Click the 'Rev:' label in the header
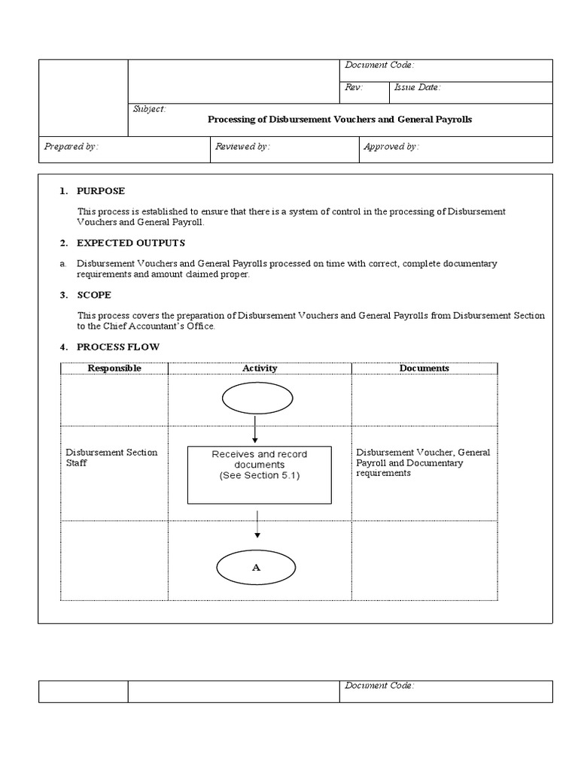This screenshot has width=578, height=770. [354, 87]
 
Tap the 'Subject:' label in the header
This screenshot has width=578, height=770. [149, 109]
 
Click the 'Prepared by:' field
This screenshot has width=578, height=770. [71, 147]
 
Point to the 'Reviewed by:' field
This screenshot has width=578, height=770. [242, 147]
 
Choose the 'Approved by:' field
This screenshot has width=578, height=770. [391, 147]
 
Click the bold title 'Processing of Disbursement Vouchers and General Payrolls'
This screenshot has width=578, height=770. [339, 120]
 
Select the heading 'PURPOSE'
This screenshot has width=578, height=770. [101, 191]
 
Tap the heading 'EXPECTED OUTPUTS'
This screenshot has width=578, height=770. [130, 243]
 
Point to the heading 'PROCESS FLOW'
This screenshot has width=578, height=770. [117, 347]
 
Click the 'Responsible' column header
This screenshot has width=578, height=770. [114, 368]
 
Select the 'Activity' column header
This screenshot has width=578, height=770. [260, 368]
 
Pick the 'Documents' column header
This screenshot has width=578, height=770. [424, 368]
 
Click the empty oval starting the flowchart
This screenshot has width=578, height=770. [257, 399]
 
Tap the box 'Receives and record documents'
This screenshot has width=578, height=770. [259, 474]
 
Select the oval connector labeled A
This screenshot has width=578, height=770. [257, 568]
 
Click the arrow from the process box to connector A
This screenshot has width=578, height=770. [257, 524]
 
